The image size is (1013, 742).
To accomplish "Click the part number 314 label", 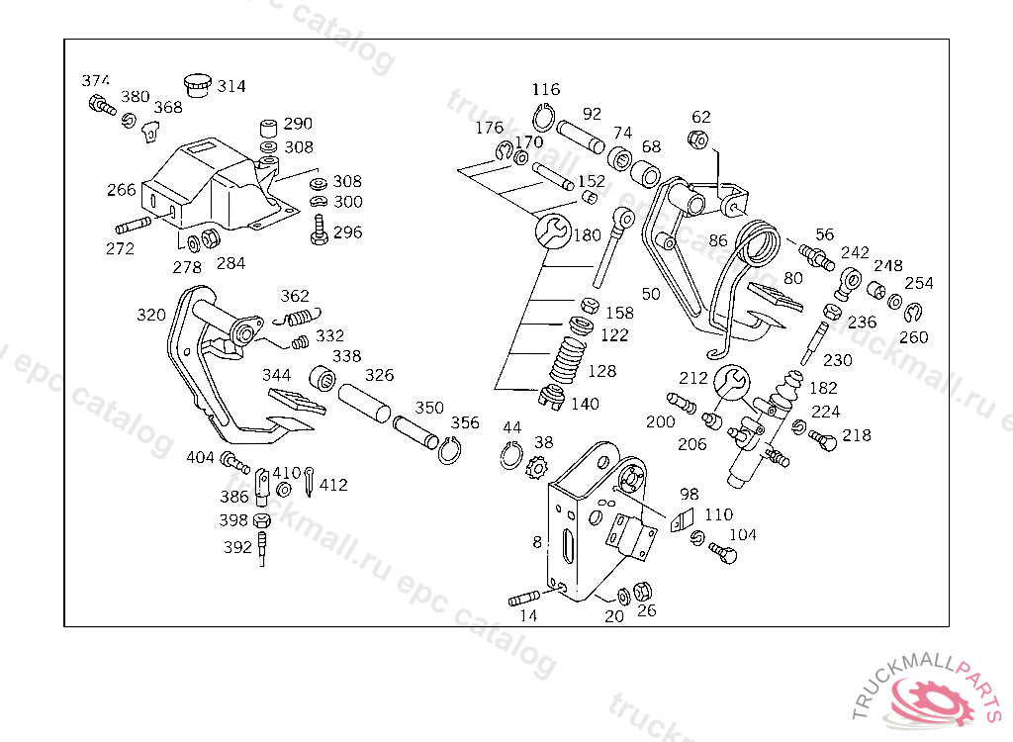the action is click(x=231, y=86).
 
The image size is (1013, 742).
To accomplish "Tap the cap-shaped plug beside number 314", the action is click(x=198, y=85).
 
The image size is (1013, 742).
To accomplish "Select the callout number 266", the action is click(x=122, y=189).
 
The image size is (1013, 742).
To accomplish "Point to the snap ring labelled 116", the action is click(x=543, y=119).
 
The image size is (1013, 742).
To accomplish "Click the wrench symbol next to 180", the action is click(x=553, y=231).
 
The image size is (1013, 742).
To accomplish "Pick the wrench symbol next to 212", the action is click(x=731, y=382).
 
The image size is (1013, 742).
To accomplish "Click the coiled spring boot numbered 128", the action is click(x=568, y=360).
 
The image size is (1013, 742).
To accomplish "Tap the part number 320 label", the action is click(x=151, y=315).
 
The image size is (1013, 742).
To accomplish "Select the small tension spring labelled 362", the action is click(x=297, y=318).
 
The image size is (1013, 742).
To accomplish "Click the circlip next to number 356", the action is click(x=449, y=450).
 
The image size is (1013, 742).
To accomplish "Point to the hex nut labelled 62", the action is click(x=697, y=139).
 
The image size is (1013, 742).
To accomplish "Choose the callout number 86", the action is click(x=718, y=240).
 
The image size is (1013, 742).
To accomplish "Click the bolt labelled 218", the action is click(x=823, y=441).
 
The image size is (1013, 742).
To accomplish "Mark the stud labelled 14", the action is click(x=524, y=599).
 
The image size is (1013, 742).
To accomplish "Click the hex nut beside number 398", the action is click(x=261, y=519).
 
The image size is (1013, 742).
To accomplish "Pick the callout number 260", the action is click(x=913, y=336).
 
